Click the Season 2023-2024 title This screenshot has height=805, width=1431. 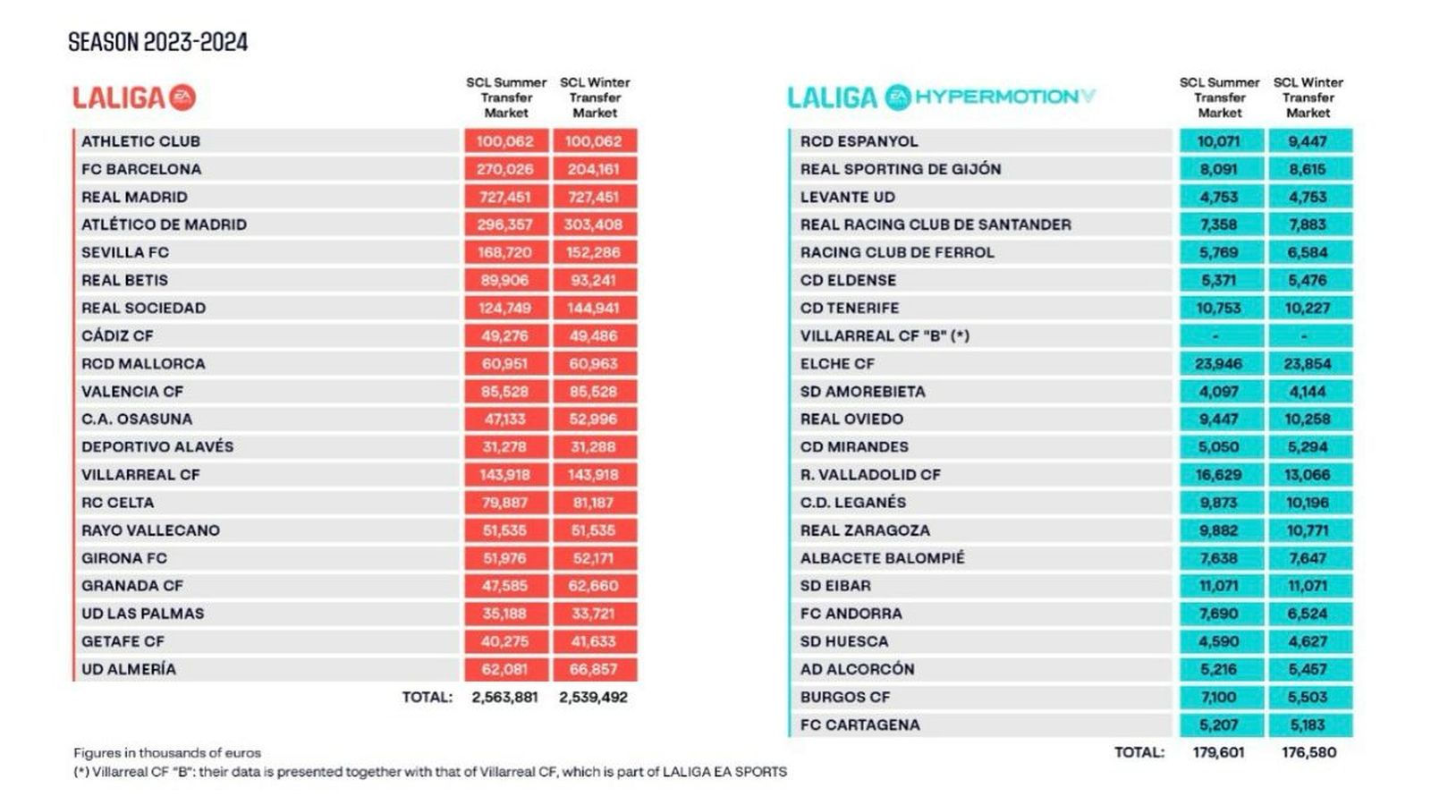[x=158, y=42]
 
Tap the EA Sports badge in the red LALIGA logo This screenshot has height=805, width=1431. [x=182, y=97]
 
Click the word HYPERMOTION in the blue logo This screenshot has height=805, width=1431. [x=995, y=97]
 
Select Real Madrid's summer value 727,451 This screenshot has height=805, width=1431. [x=504, y=197]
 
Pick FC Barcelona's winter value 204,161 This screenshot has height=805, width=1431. [x=594, y=169]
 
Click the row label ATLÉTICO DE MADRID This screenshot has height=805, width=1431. [x=164, y=225]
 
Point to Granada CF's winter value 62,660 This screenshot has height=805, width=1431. [x=594, y=586]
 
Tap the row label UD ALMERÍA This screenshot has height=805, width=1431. [x=129, y=669]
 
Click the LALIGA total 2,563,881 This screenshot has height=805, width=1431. [x=504, y=697]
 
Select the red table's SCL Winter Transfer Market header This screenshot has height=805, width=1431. [x=595, y=97]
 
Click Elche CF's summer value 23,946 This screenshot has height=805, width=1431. [x=1218, y=364]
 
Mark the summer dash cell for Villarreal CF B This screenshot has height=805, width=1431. [x=1218, y=336]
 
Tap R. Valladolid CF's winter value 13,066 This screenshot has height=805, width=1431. [x=1308, y=475]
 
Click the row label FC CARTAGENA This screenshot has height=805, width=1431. [x=859, y=724]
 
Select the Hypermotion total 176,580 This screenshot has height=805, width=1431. [x=1308, y=752]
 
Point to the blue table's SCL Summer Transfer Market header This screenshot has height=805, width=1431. [x=1219, y=97]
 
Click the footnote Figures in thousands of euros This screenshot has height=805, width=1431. [x=167, y=753]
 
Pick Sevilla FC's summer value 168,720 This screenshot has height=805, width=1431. [x=504, y=252]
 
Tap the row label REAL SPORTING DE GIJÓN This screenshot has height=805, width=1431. [x=900, y=169]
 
